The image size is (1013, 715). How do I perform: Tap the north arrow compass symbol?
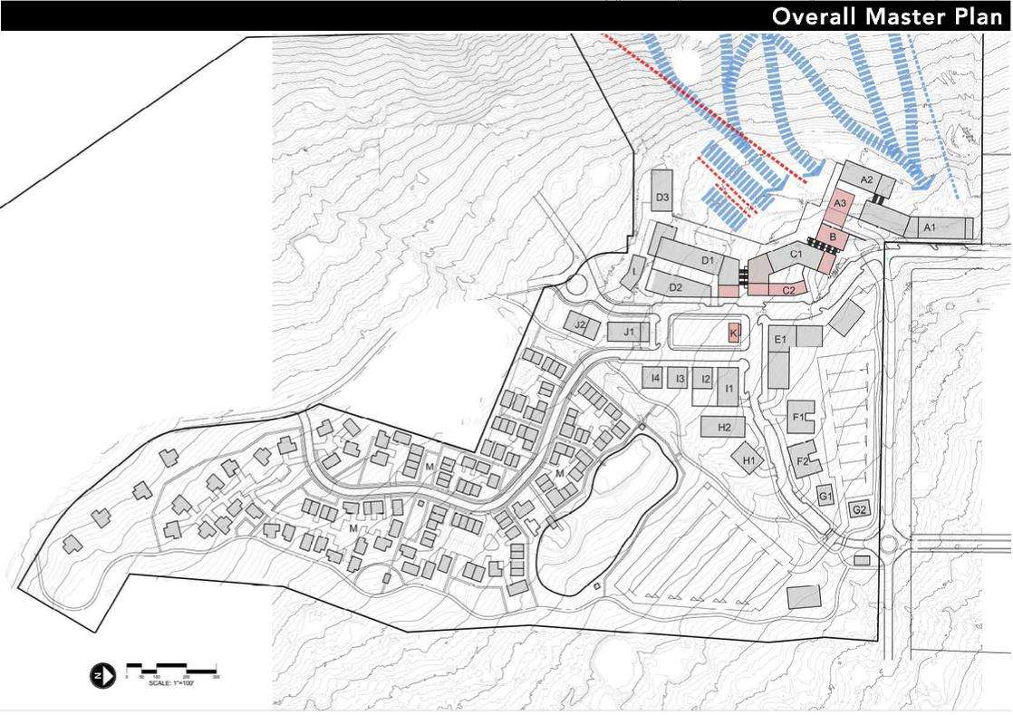[101, 674]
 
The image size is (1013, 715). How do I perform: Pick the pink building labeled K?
[733, 333]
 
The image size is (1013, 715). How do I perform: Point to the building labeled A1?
[930, 227]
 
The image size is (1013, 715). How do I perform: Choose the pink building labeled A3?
[840, 205]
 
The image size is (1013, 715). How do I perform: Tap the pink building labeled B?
[833, 237]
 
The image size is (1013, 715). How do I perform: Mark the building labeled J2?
[581, 325]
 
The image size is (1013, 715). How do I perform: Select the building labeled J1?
[629, 333]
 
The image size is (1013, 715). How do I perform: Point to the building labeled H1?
[748, 459]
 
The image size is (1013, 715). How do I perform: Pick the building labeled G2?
[860, 510]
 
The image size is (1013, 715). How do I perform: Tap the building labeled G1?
[825, 496]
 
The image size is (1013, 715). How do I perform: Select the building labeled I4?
[655, 377]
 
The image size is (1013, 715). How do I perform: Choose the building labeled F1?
[798, 416]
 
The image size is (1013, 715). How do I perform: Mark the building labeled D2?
[677, 285]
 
